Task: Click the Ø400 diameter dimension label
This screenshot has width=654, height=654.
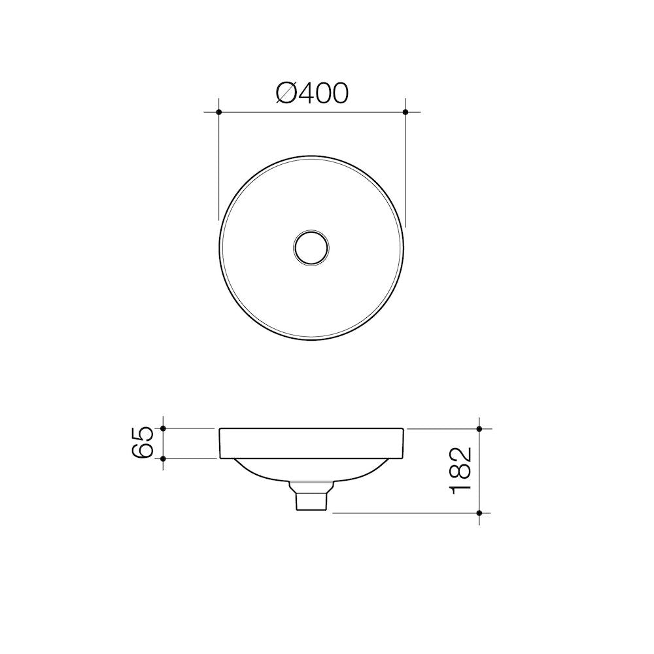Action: pyautogui.click(x=312, y=93)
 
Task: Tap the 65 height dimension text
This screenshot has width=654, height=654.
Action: pyautogui.click(x=143, y=442)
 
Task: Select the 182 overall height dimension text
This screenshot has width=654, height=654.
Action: pyautogui.click(x=460, y=470)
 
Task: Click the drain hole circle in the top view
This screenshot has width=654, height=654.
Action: pyautogui.click(x=311, y=247)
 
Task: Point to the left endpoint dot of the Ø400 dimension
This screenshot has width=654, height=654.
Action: pyautogui.click(x=219, y=112)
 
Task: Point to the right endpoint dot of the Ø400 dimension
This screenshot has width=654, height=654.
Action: pyautogui.click(x=405, y=112)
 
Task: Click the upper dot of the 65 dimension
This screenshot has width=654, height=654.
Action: pyautogui.click(x=163, y=428)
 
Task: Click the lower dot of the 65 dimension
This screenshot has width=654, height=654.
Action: pyautogui.click(x=163, y=458)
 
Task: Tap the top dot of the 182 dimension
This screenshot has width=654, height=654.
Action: pyautogui.click(x=480, y=429)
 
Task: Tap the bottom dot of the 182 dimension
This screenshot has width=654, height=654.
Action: pyautogui.click(x=480, y=513)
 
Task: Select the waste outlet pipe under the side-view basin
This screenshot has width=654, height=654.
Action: pyautogui.click(x=311, y=498)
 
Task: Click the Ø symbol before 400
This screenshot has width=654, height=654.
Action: pyautogui.click(x=286, y=94)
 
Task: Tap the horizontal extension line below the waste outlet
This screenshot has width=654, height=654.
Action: pyautogui.click(x=405, y=513)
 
